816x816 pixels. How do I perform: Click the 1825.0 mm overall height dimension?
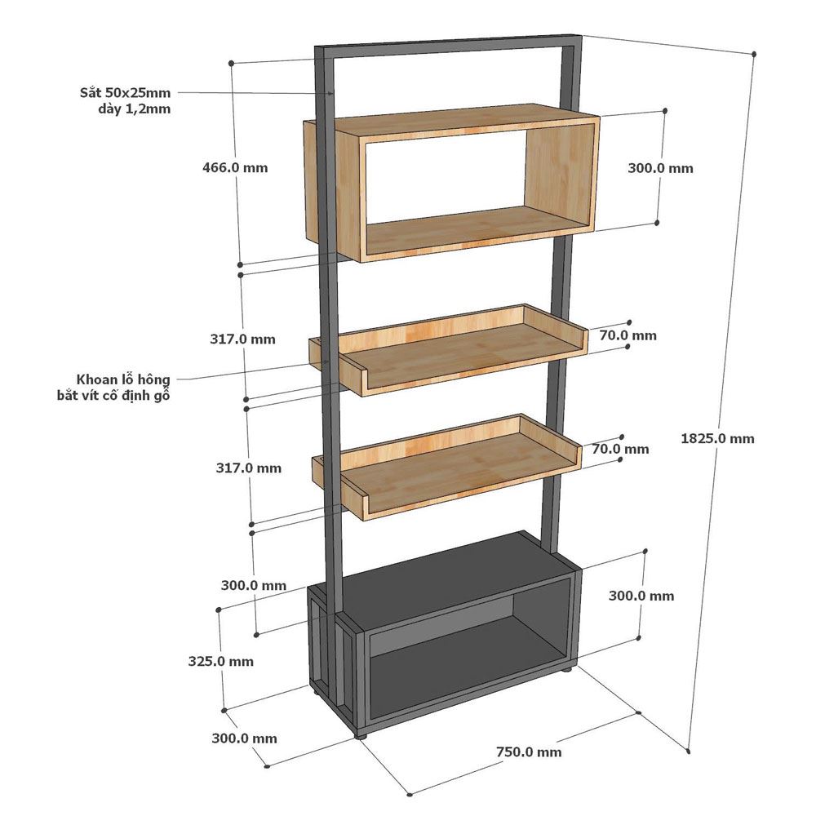[717, 439]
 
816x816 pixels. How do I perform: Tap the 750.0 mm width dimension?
[529, 752]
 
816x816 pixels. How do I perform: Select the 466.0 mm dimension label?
[235, 167]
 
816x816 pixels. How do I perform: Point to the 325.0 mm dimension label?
[221, 662]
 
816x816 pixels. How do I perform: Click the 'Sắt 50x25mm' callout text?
[126, 93]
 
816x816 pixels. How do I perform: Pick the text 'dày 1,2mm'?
[135, 109]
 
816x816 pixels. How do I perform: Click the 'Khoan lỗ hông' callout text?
[123, 379]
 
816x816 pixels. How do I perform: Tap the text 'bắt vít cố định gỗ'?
[114, 396]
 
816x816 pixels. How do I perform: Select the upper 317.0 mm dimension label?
[242, 339]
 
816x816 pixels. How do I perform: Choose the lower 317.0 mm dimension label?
[249, 468]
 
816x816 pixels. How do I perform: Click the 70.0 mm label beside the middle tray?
[628, 335]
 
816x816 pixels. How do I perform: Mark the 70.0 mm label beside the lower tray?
[620, 449]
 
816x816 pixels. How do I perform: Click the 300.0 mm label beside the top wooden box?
[660, 168]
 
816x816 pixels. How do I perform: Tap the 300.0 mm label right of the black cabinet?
[641, 596]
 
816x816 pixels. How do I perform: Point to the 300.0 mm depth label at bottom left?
[244, 738]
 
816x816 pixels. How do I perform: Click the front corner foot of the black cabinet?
[361, 735]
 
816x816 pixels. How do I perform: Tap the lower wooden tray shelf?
[446, 467]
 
